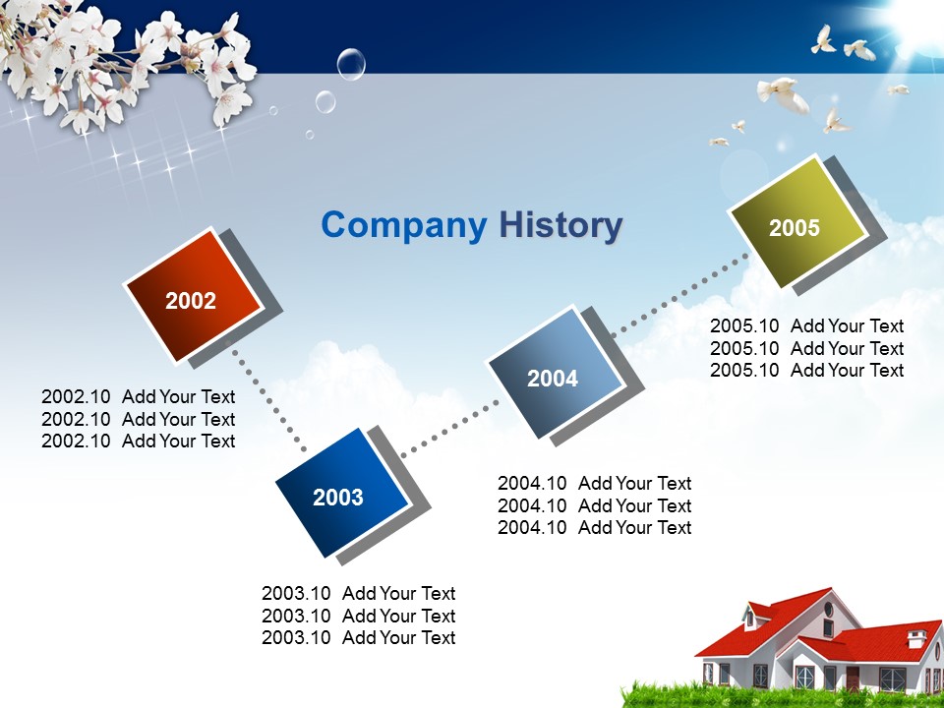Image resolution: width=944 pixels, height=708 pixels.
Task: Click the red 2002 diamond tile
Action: coord(194,295)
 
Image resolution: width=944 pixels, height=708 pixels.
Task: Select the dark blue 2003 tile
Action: coord(342,493)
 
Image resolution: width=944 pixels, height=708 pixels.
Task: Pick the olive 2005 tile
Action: coord(798,222)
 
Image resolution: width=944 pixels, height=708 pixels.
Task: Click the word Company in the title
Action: coord(404,225)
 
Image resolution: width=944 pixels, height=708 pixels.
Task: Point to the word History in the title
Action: coord(560,225)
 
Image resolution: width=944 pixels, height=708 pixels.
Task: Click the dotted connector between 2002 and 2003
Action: coord(269,400)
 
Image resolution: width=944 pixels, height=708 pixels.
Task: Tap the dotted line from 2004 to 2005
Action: coord(680,294)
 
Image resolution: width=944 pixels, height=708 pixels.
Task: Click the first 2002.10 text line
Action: coord(138,396)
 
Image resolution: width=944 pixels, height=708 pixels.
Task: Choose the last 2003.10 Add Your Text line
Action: coord(358,637)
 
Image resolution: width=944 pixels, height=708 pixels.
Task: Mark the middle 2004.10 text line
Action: coord(594,505)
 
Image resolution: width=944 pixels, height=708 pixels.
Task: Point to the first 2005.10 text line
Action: coord(806,325)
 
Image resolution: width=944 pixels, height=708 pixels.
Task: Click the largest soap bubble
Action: coord(351,64)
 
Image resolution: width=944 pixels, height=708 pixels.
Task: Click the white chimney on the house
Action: coord(916,638)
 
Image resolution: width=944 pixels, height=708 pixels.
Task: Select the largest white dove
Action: coord(784,94)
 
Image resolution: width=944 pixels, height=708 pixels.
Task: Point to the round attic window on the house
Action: coord(828,609)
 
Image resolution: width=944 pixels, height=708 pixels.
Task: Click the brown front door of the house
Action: coord(853,678)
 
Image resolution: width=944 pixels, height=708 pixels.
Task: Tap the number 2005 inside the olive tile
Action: coord(795,227)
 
